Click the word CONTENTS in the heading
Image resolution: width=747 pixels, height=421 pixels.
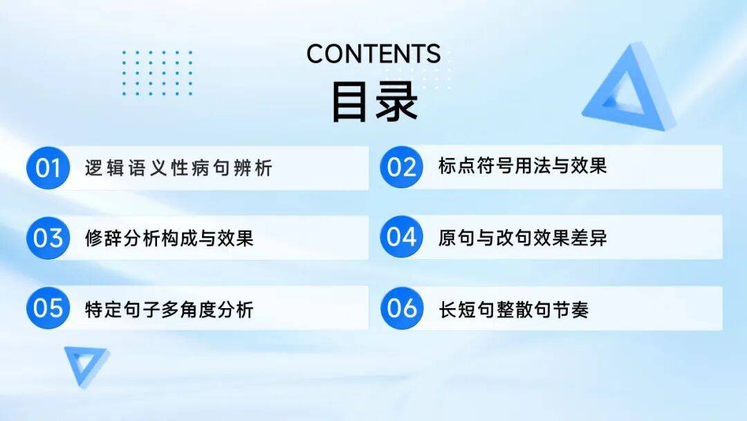[x=373, y=54]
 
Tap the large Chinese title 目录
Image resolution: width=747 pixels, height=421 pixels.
[x=374, y=102]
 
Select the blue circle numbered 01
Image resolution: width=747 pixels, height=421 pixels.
[x=48, y=168]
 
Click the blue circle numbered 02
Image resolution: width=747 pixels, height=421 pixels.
[x=402, y=167]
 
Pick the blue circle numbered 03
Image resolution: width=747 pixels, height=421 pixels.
[x=48, y=238]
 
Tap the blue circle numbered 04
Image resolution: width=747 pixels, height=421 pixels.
[x=402, y=237]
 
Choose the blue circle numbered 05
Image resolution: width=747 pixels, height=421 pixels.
[x=48, y=308]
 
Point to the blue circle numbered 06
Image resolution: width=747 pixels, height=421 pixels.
[x=402, y=308]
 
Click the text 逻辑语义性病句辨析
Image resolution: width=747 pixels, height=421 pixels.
[x=178, y=168]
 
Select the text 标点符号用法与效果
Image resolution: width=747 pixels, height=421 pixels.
[x=523, y=166]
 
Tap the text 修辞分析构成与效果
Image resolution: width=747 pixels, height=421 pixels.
[x=169, y=238]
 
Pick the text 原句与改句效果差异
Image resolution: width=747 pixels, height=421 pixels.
[x=523, y=238]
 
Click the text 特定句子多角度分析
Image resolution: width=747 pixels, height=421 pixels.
[x=169, y=310]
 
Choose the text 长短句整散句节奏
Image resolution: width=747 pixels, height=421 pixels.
[x=513, y=310]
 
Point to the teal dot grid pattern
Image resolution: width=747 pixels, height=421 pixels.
[x=157, y=73]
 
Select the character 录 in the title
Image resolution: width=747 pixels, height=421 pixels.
[x=397, y=102]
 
